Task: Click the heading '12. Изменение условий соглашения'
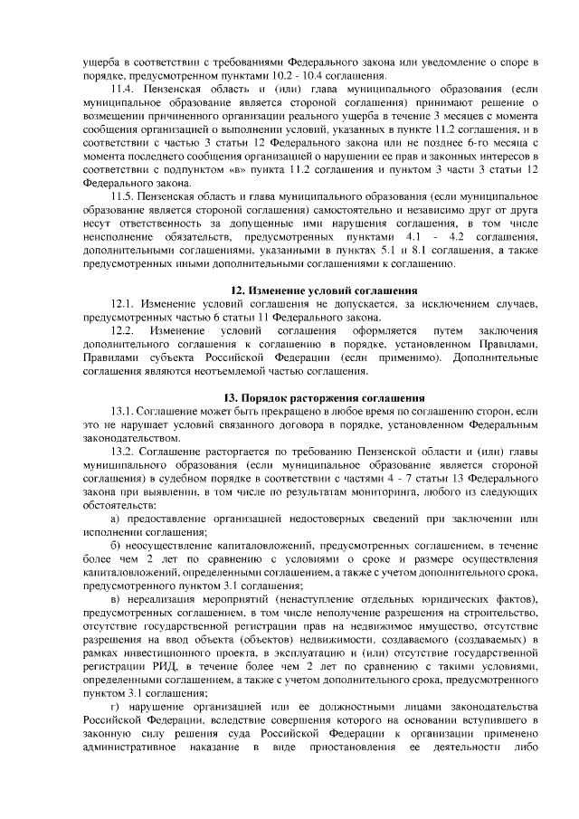[314, 289]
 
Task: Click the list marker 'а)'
[116, 518]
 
